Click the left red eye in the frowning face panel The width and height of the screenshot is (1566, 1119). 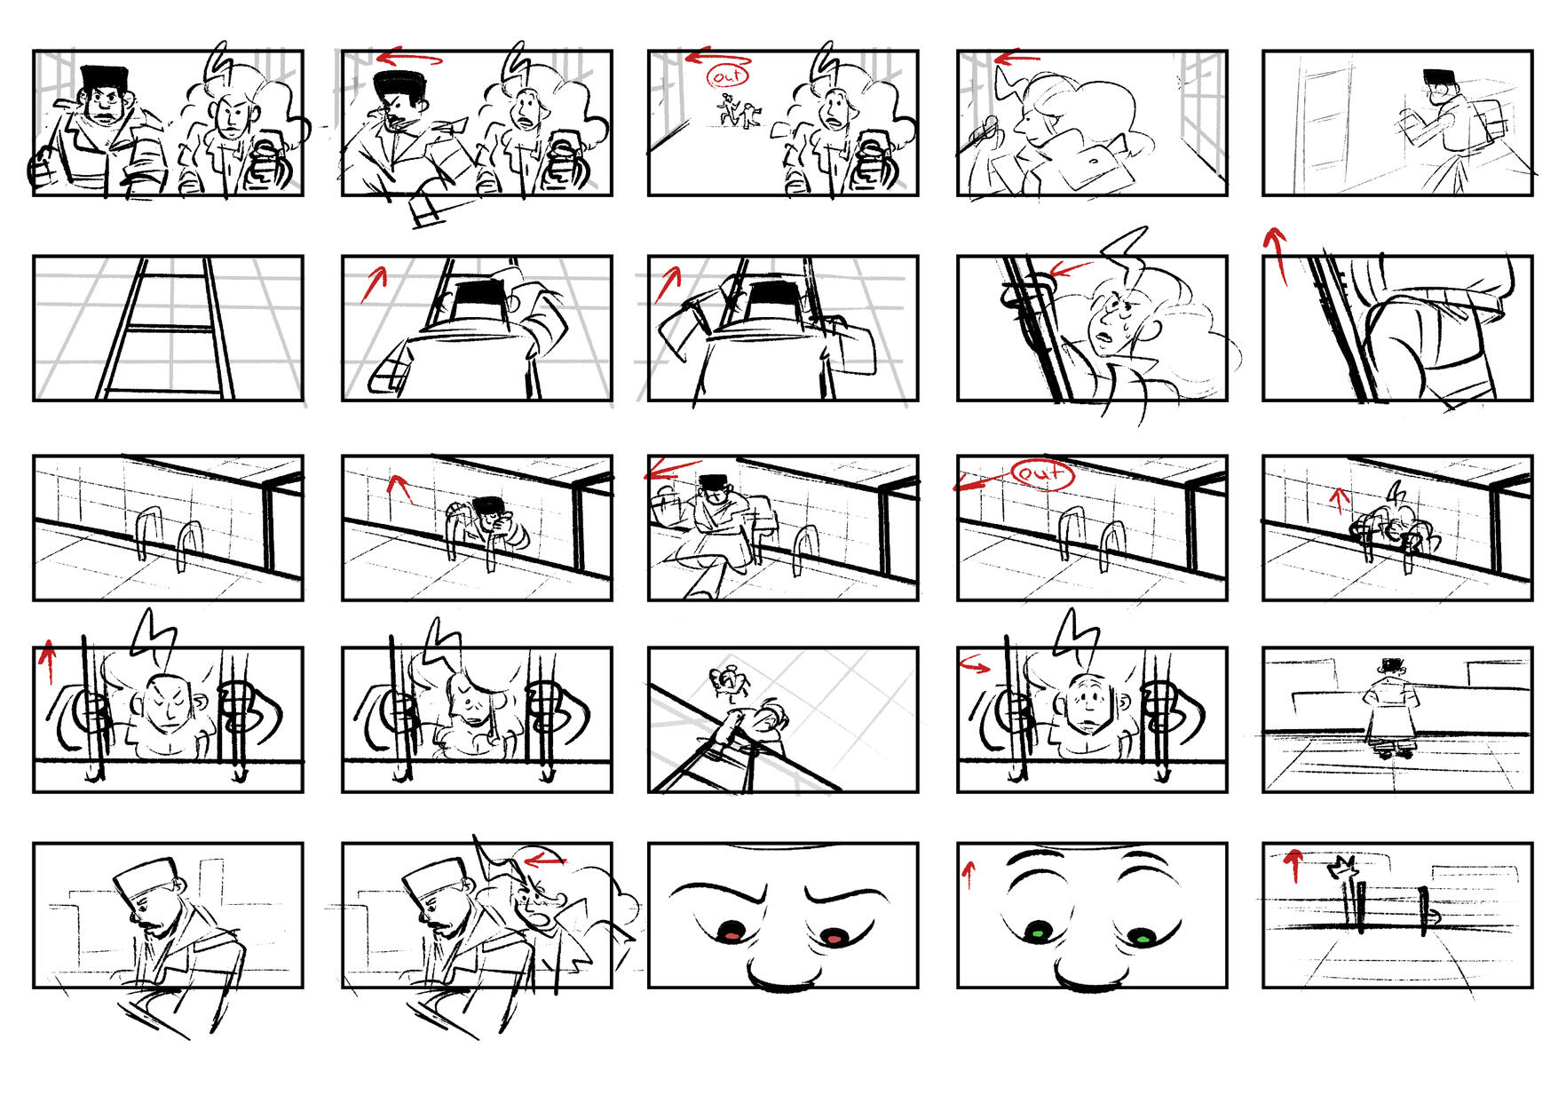pos(731,932)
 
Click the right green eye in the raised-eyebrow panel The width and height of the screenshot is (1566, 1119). pos(1143,935)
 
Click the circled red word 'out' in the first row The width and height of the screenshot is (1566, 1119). pos(728,76)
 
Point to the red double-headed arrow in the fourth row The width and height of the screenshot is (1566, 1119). pos(975,665)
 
